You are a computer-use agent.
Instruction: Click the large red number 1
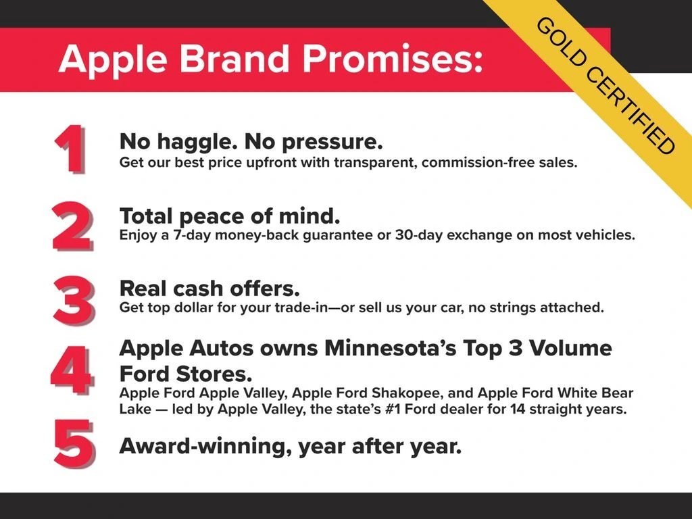[x=70, y=149]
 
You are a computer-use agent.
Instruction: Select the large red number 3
[x=74, y=301]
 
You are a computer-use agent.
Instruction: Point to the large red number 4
[x=72, y=371]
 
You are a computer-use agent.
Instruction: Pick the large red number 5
[x=74, y=444]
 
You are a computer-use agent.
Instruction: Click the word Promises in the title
[x=393, y=58]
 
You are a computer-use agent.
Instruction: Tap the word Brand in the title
[x=234, y=58]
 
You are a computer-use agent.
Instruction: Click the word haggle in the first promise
[x=194, y=142]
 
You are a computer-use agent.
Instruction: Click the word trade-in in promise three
[x=301, y=307]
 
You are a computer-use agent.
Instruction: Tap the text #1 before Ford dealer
[x=393, y=409]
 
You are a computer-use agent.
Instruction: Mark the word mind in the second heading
[x=310, y=216]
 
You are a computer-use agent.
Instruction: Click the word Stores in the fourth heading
[x=214, y=374]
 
